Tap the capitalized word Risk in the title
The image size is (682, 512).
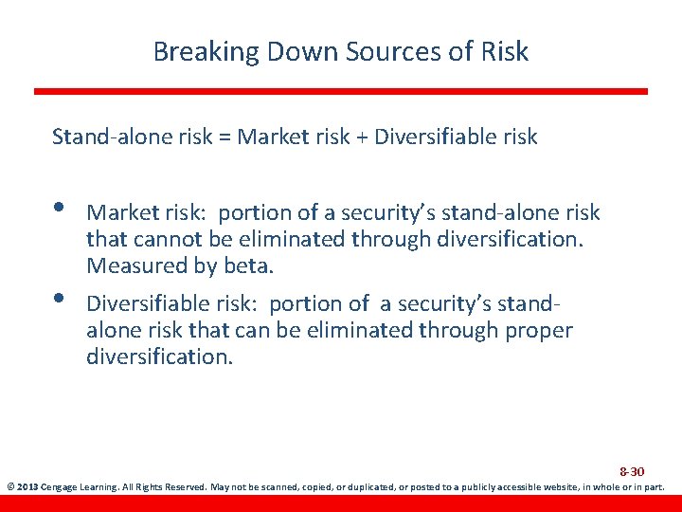pyautogui.click(x=505, y=51)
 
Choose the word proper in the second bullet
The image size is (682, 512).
pyautogui.click(x=543, y=330)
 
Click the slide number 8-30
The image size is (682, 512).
pyautogui.click(x=632, y=471)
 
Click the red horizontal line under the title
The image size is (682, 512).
pyautogui.click(x=341, y=91)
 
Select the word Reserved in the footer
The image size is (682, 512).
pyautogui.click(x=197, y=487)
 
